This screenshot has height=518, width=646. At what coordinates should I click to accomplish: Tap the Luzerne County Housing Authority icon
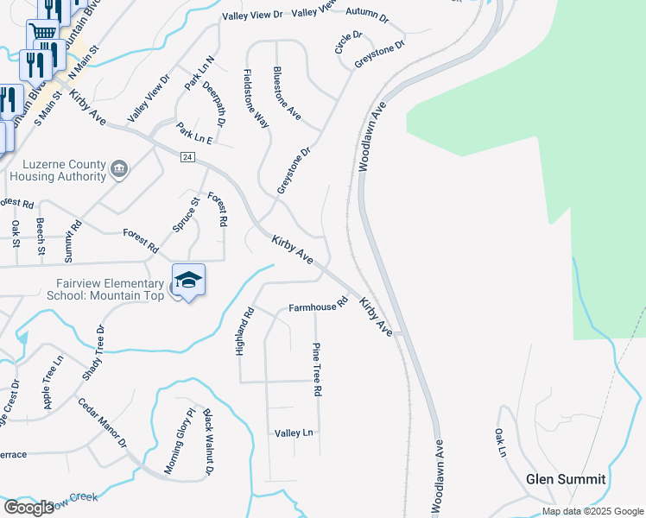coord(120,170)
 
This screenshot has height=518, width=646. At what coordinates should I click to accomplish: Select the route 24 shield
coord(187,156)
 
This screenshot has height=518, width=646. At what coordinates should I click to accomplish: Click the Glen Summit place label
coord(566,479)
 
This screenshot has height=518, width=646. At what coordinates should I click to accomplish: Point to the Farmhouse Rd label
coord(317,306)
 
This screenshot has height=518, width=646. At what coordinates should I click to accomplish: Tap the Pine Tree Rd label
coord(316,369)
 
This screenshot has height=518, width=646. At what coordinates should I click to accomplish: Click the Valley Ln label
coord(294,433)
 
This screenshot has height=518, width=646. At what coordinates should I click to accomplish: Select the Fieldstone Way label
coord(256,99)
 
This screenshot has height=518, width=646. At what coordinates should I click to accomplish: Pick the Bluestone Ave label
coord(287,92)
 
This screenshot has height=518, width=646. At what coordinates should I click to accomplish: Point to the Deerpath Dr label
coord(214,105)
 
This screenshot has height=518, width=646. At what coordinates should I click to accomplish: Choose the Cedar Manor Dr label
coord(102,423)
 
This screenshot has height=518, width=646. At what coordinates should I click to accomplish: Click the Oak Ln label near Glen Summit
coord(499,442)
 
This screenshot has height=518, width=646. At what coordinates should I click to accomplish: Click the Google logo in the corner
coord(28,507)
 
